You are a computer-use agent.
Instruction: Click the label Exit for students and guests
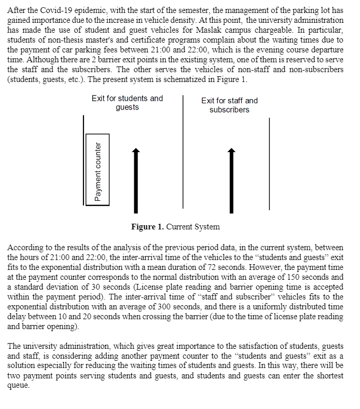(127, 103)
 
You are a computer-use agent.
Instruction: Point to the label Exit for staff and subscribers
(229, 105)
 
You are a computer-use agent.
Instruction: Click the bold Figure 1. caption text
(150, 227)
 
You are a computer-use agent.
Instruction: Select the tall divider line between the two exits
(183, 154)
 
